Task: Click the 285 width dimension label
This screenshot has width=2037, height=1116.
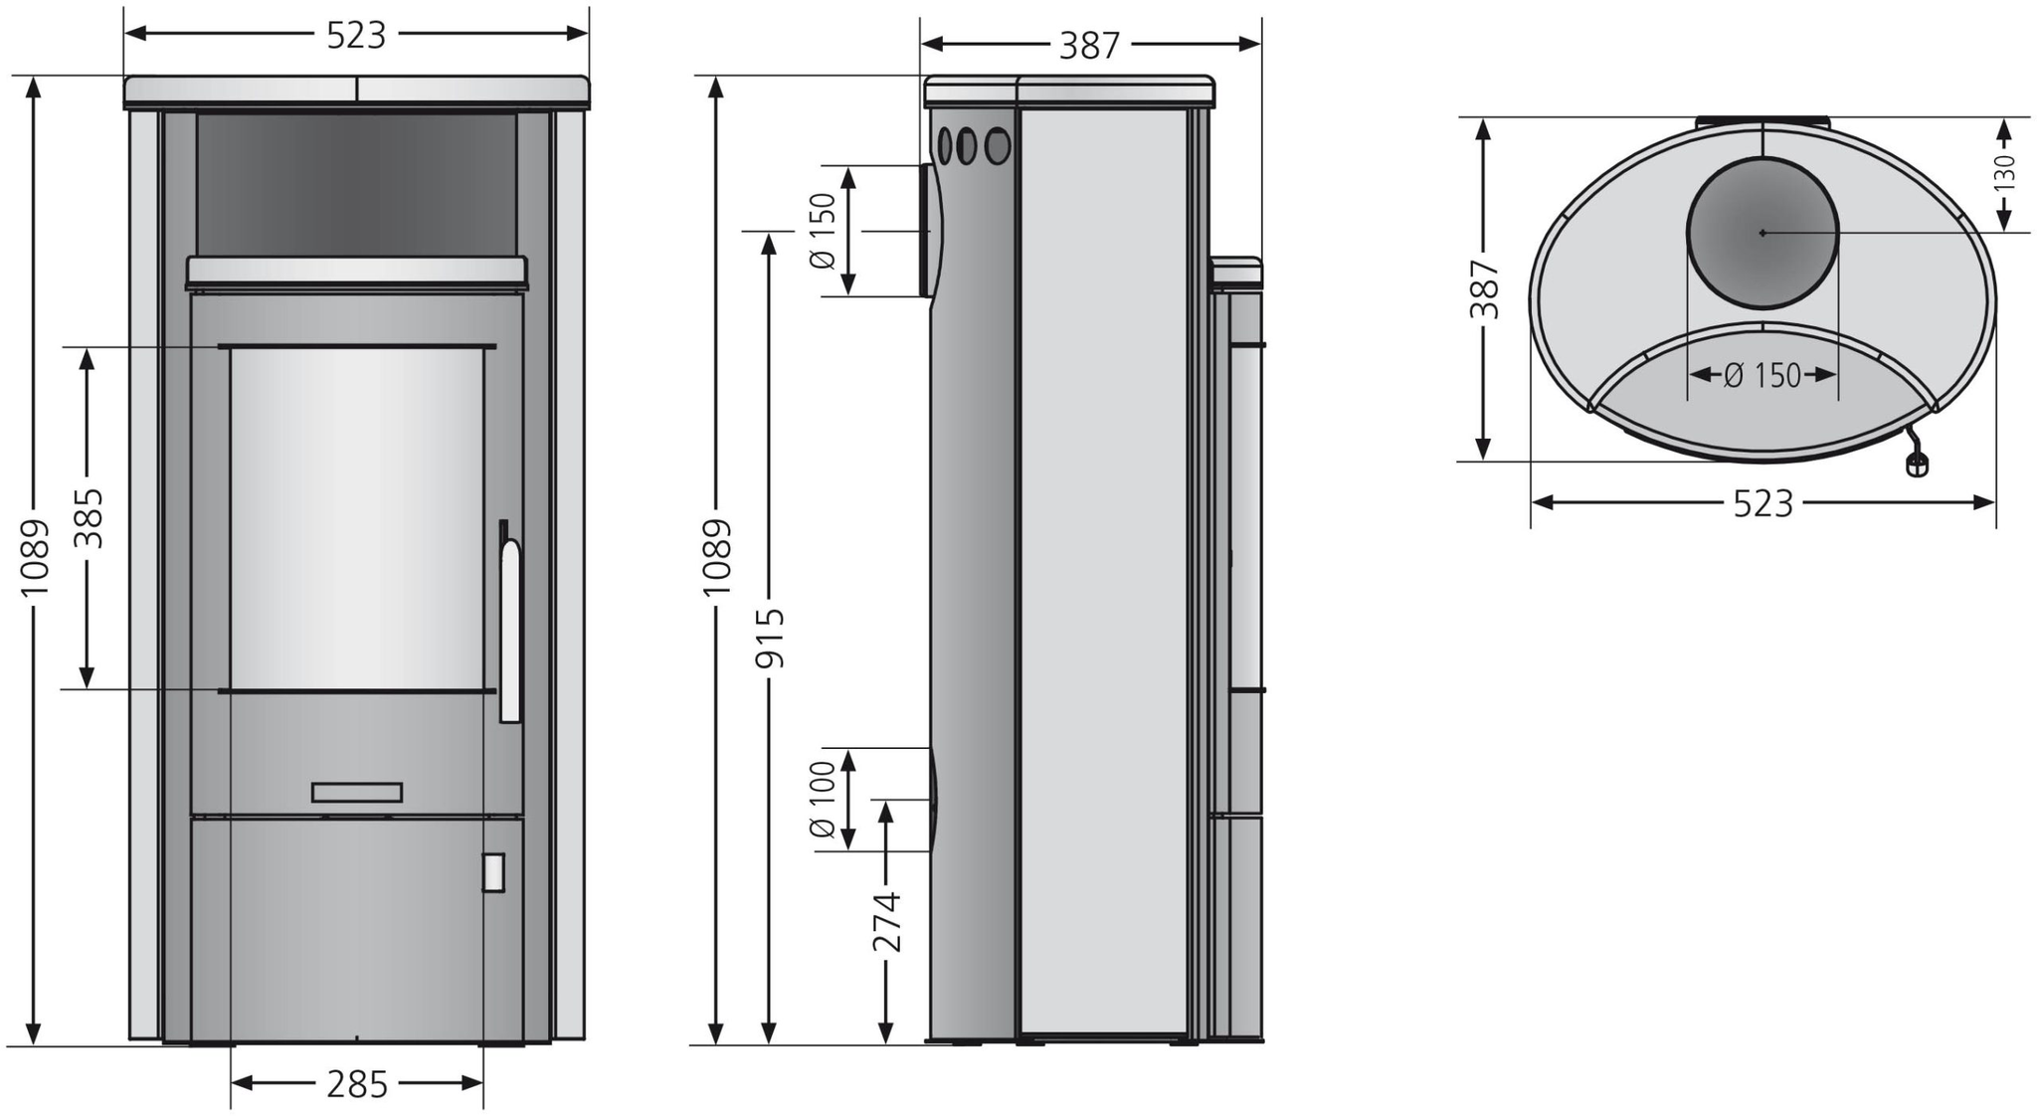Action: pyautogui.click(x=356, y=1083)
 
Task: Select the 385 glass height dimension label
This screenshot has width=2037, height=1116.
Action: pyautogui.click(x=90, y=517)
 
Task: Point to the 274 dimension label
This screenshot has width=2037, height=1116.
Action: pyautogui.click(x=886, y=922)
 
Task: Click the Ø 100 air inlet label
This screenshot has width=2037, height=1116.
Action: pyautogui.click(x=824, y=800)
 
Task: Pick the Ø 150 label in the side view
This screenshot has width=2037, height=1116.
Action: pyautogui.click(x=824, y=231)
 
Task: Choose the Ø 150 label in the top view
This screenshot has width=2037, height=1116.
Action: pyautogui.click(x=1762, y=375)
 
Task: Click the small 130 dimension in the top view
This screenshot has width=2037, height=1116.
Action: pyautogui.click(x=2004, y=172)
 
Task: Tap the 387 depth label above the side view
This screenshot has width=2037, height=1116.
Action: pyautogui.click(x=1089, y=45)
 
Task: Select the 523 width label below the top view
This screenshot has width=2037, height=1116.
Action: pyautogui.click(x=1762, y=503)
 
